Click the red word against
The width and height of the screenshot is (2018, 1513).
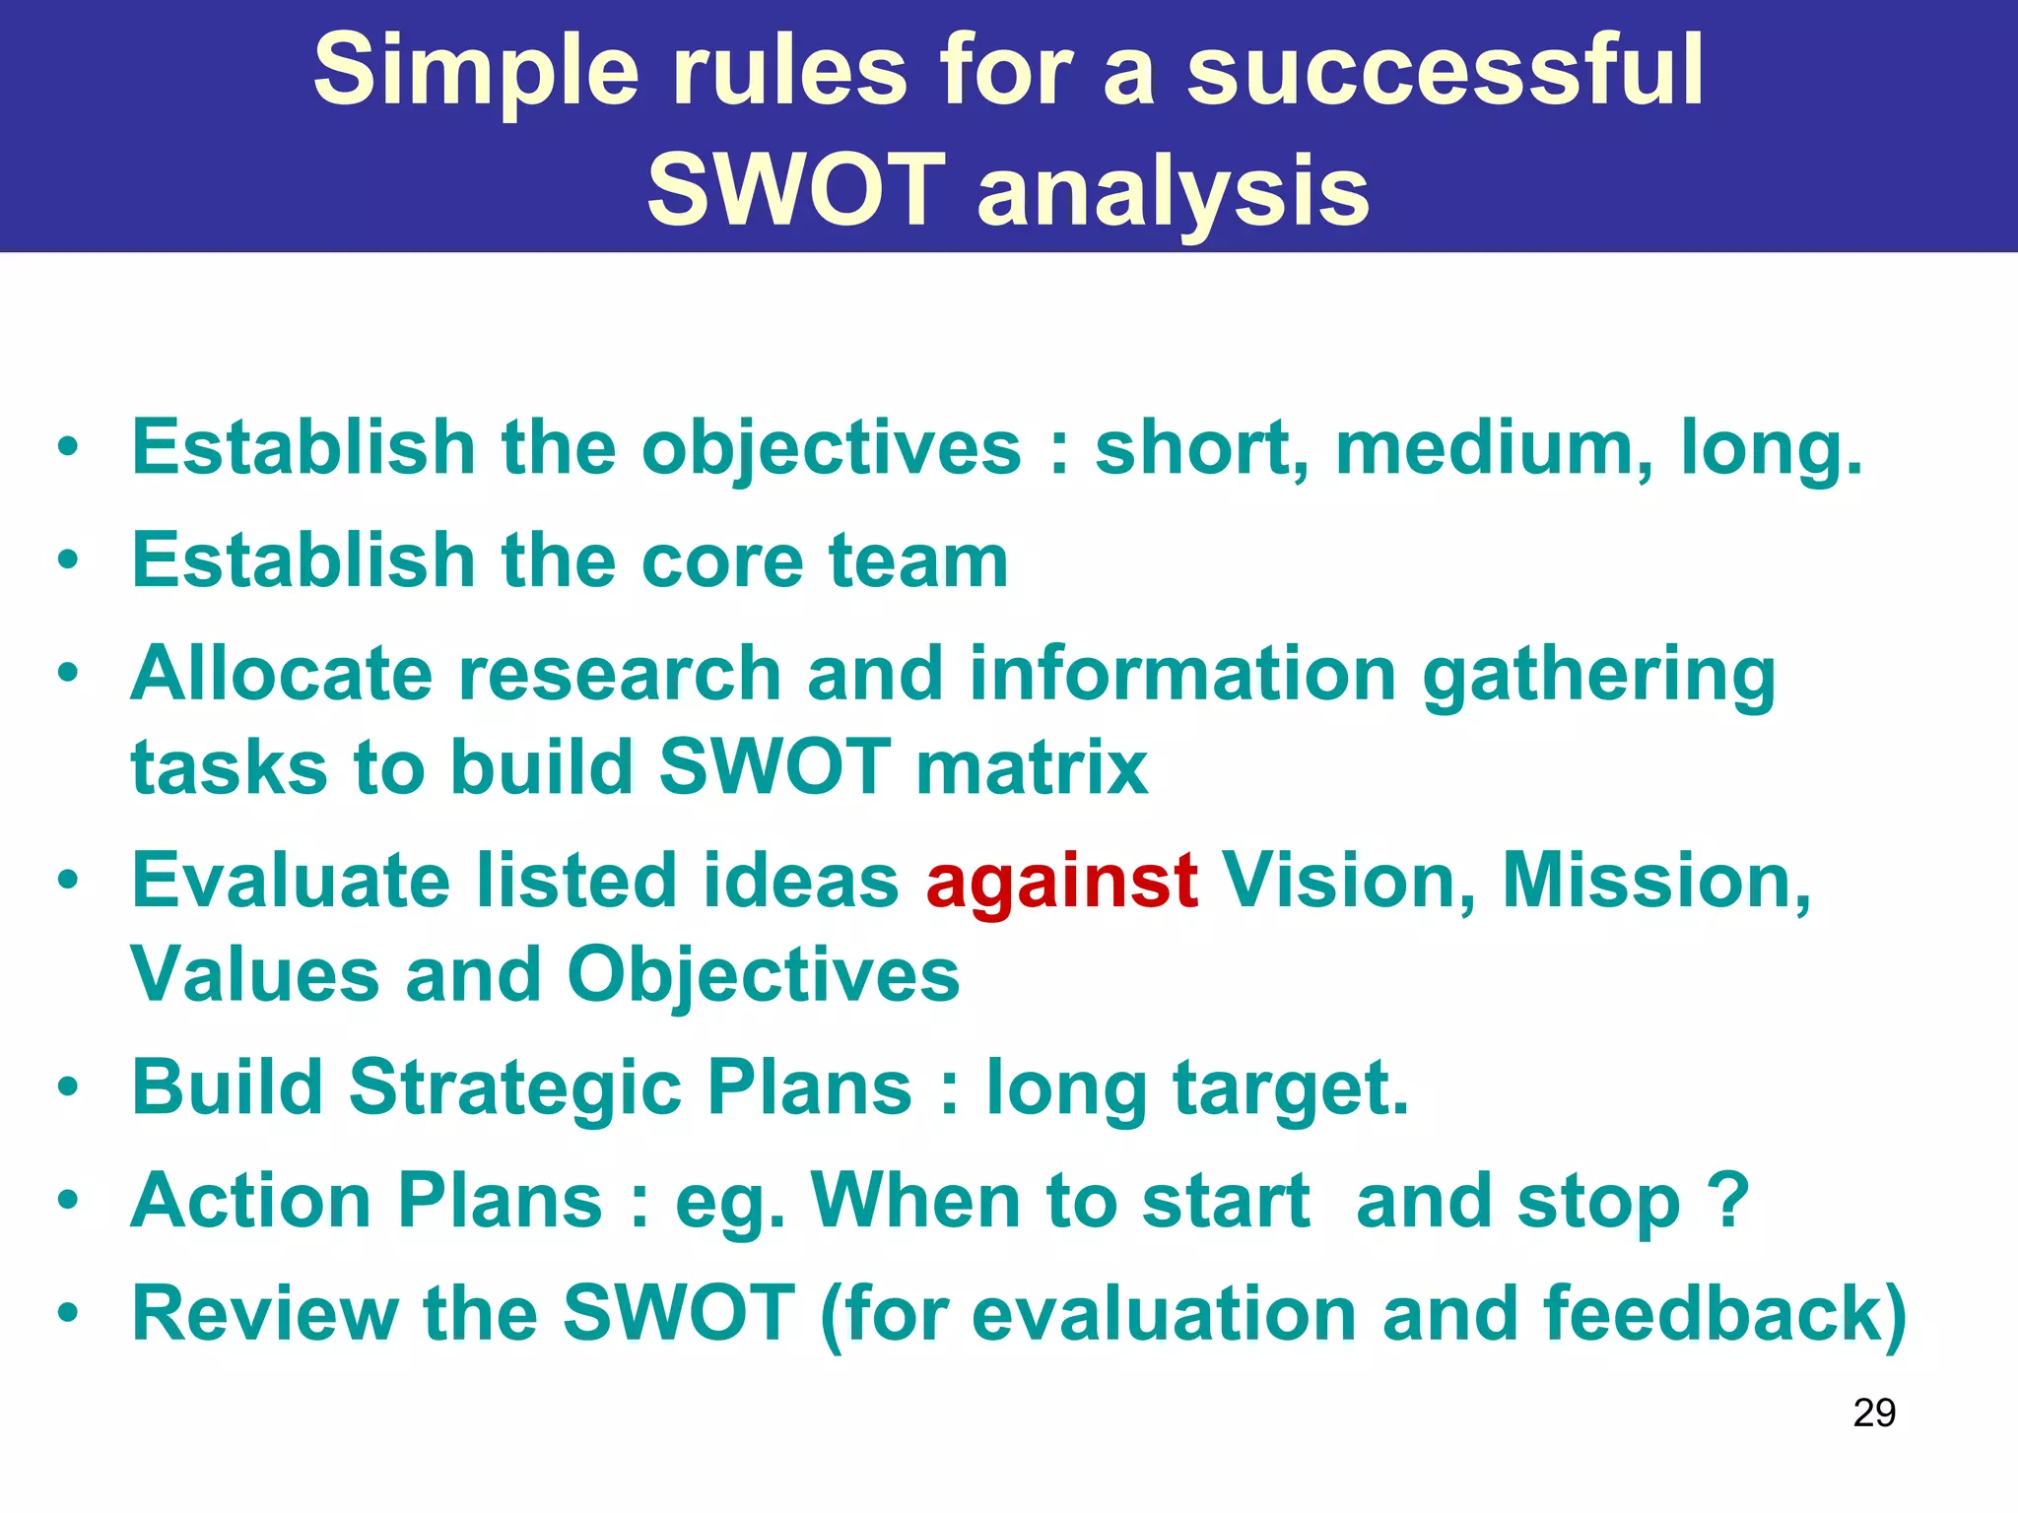point(1061,882)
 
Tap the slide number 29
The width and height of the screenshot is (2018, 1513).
point(1874,1414)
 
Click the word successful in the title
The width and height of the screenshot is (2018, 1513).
point(1445,71)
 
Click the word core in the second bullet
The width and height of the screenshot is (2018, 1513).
point(721,561)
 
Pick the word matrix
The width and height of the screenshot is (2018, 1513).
point(1032,768)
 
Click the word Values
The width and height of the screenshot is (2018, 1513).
point(255,975)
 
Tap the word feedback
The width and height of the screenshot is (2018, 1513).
point(1723,1315)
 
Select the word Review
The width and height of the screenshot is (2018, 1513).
point(265,1315)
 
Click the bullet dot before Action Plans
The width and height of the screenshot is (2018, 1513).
point(67,1202)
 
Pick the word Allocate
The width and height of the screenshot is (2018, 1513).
point(282,676)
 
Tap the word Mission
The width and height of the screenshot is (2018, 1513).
point(1656,882)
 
